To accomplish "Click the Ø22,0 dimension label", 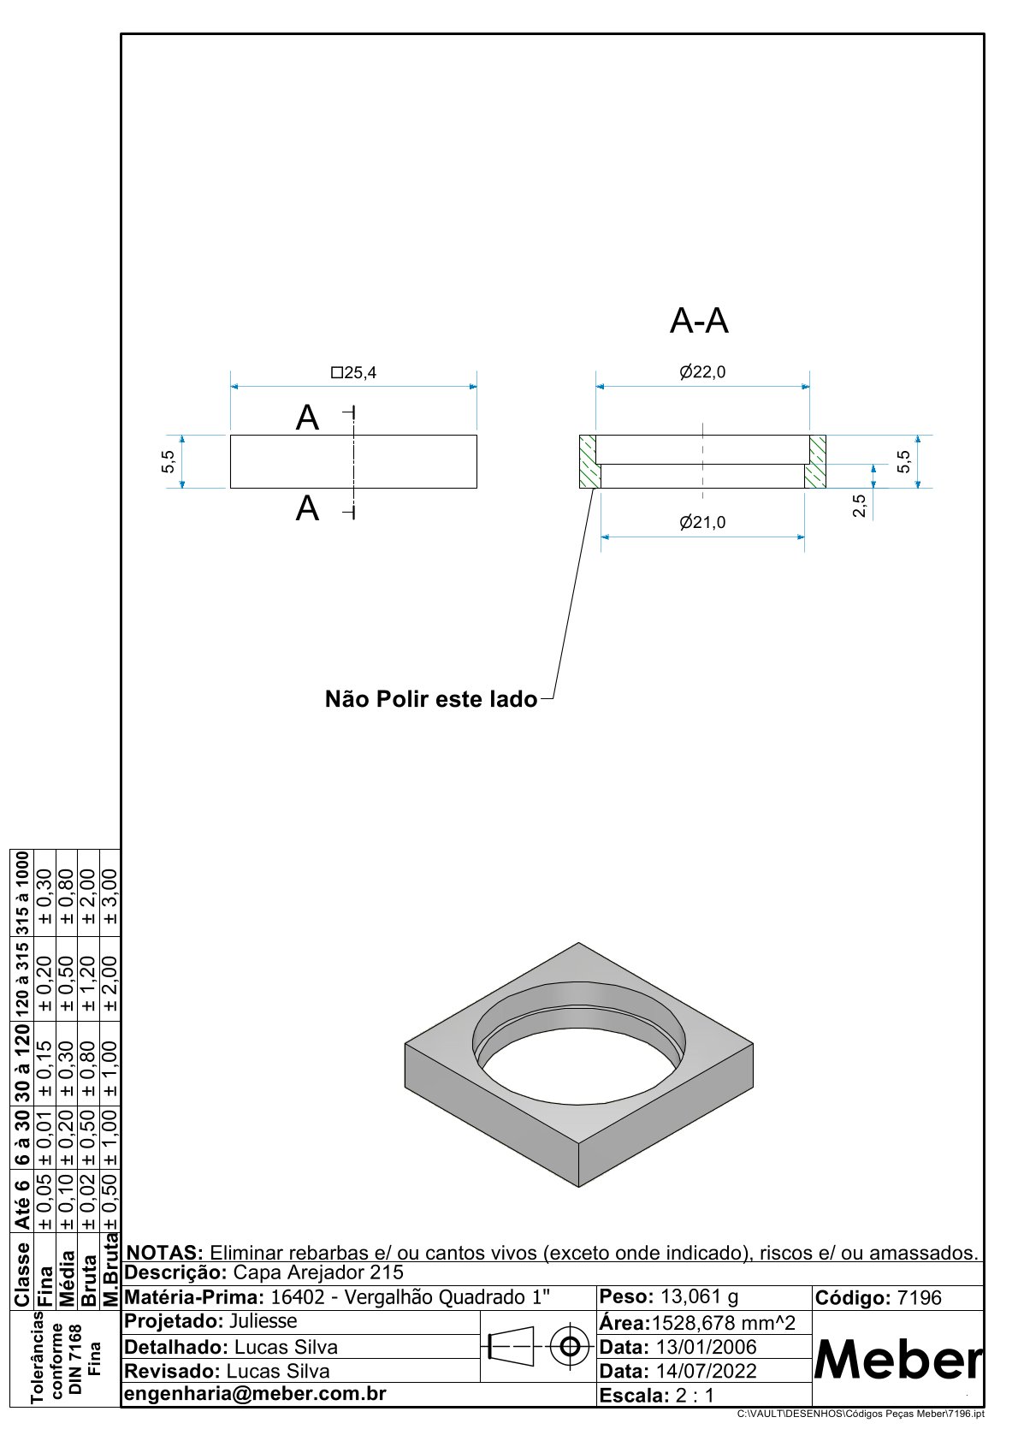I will pyautogui.click(x=702, y=372).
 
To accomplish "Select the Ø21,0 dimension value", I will pyautogui.click(x=702, y=522).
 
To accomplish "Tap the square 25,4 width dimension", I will pyautogui.click(x=354, y=373).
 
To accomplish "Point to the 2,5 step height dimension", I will pyautogui.click(x=859, y=505).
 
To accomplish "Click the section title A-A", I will pyautogui.click(x=699, y=322).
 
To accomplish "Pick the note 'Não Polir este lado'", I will pyautogui.click(x=431, y=699).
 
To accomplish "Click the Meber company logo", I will pyautogui.click(x=897, y=1359).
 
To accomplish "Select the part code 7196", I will pyautogui.click(x=919, y=1298).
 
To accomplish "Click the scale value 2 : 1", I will pyautogui.click(x=695, y=1396).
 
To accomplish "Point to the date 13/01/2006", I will pyautogui.click(x=706, y=1347).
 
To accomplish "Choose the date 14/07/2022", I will pyautogui.click(x=706, y=1371).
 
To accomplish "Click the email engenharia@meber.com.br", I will pyautogui.click(x=255, y=1394).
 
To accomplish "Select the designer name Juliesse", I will pyautogui.click(x=263, y=1321).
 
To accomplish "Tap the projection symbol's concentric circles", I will pyautogui.click(x=568, y=1347).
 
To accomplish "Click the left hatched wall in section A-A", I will pyautogui.click(x=588, y=461).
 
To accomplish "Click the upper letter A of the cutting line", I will pyautogui.click(x=307, y=418).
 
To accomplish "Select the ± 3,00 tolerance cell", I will pyautogui.click(x=110, y=896).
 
